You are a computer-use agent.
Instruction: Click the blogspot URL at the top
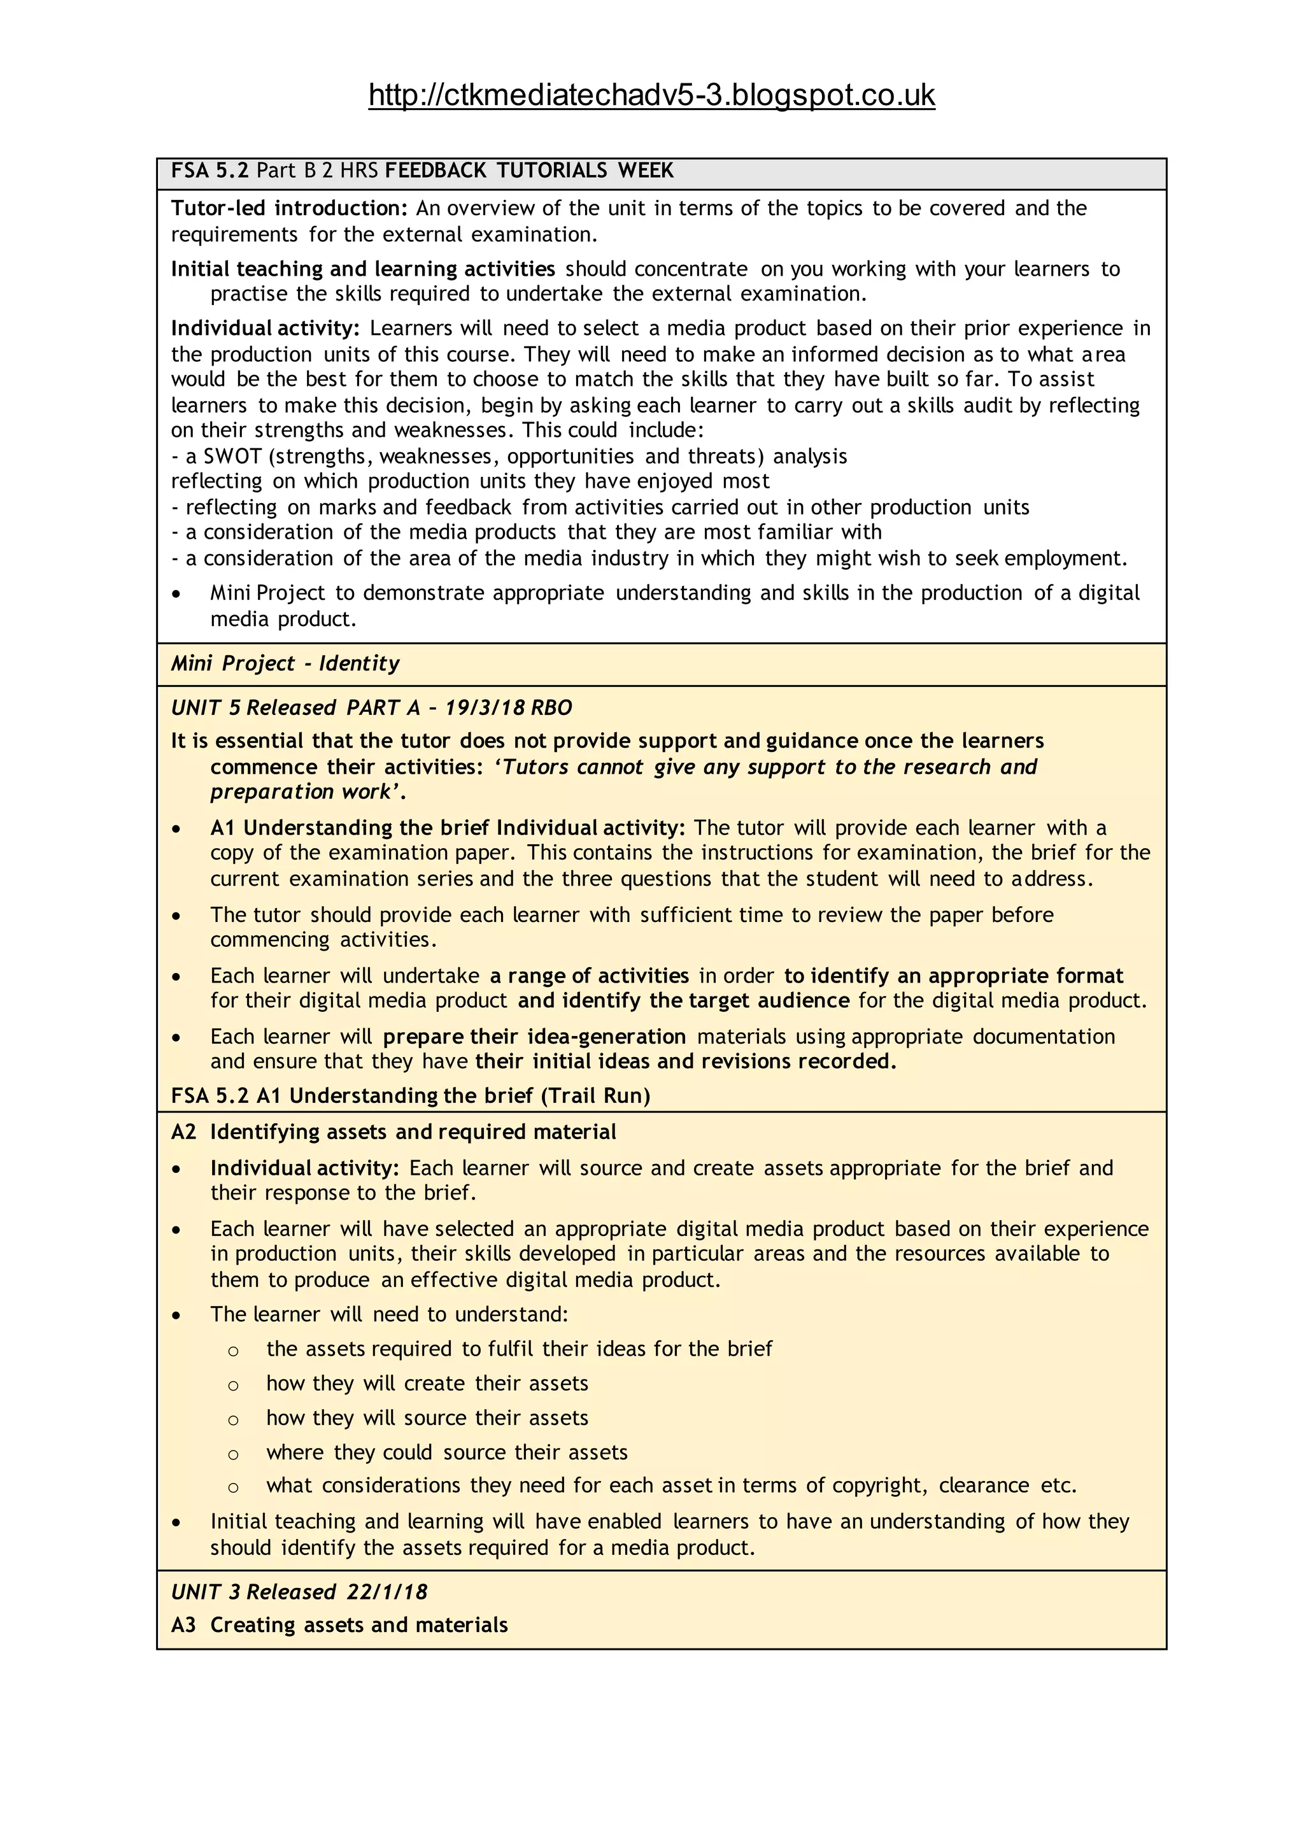(651, 96)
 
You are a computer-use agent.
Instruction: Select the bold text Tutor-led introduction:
(290, 209)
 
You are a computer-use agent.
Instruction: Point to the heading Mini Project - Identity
(285, 664)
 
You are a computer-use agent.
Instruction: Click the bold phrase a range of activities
(590, 976)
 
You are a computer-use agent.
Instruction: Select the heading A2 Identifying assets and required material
(393, 1132)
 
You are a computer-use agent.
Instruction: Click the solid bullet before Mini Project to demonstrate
(176, 594)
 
